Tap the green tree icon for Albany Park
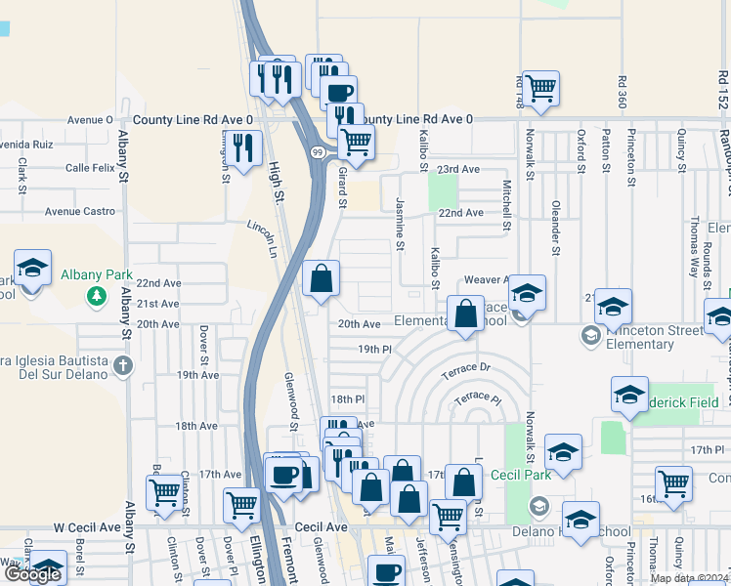coord(96,294)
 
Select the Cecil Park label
coord(521,475)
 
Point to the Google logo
coord(31,574)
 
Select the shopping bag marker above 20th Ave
coord(321,279)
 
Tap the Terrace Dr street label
coord(464,368)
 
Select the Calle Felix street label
coord(92,168)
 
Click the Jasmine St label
coord(400,223)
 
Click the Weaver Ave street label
coord(487,279)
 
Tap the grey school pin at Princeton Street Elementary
coord(590,337)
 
